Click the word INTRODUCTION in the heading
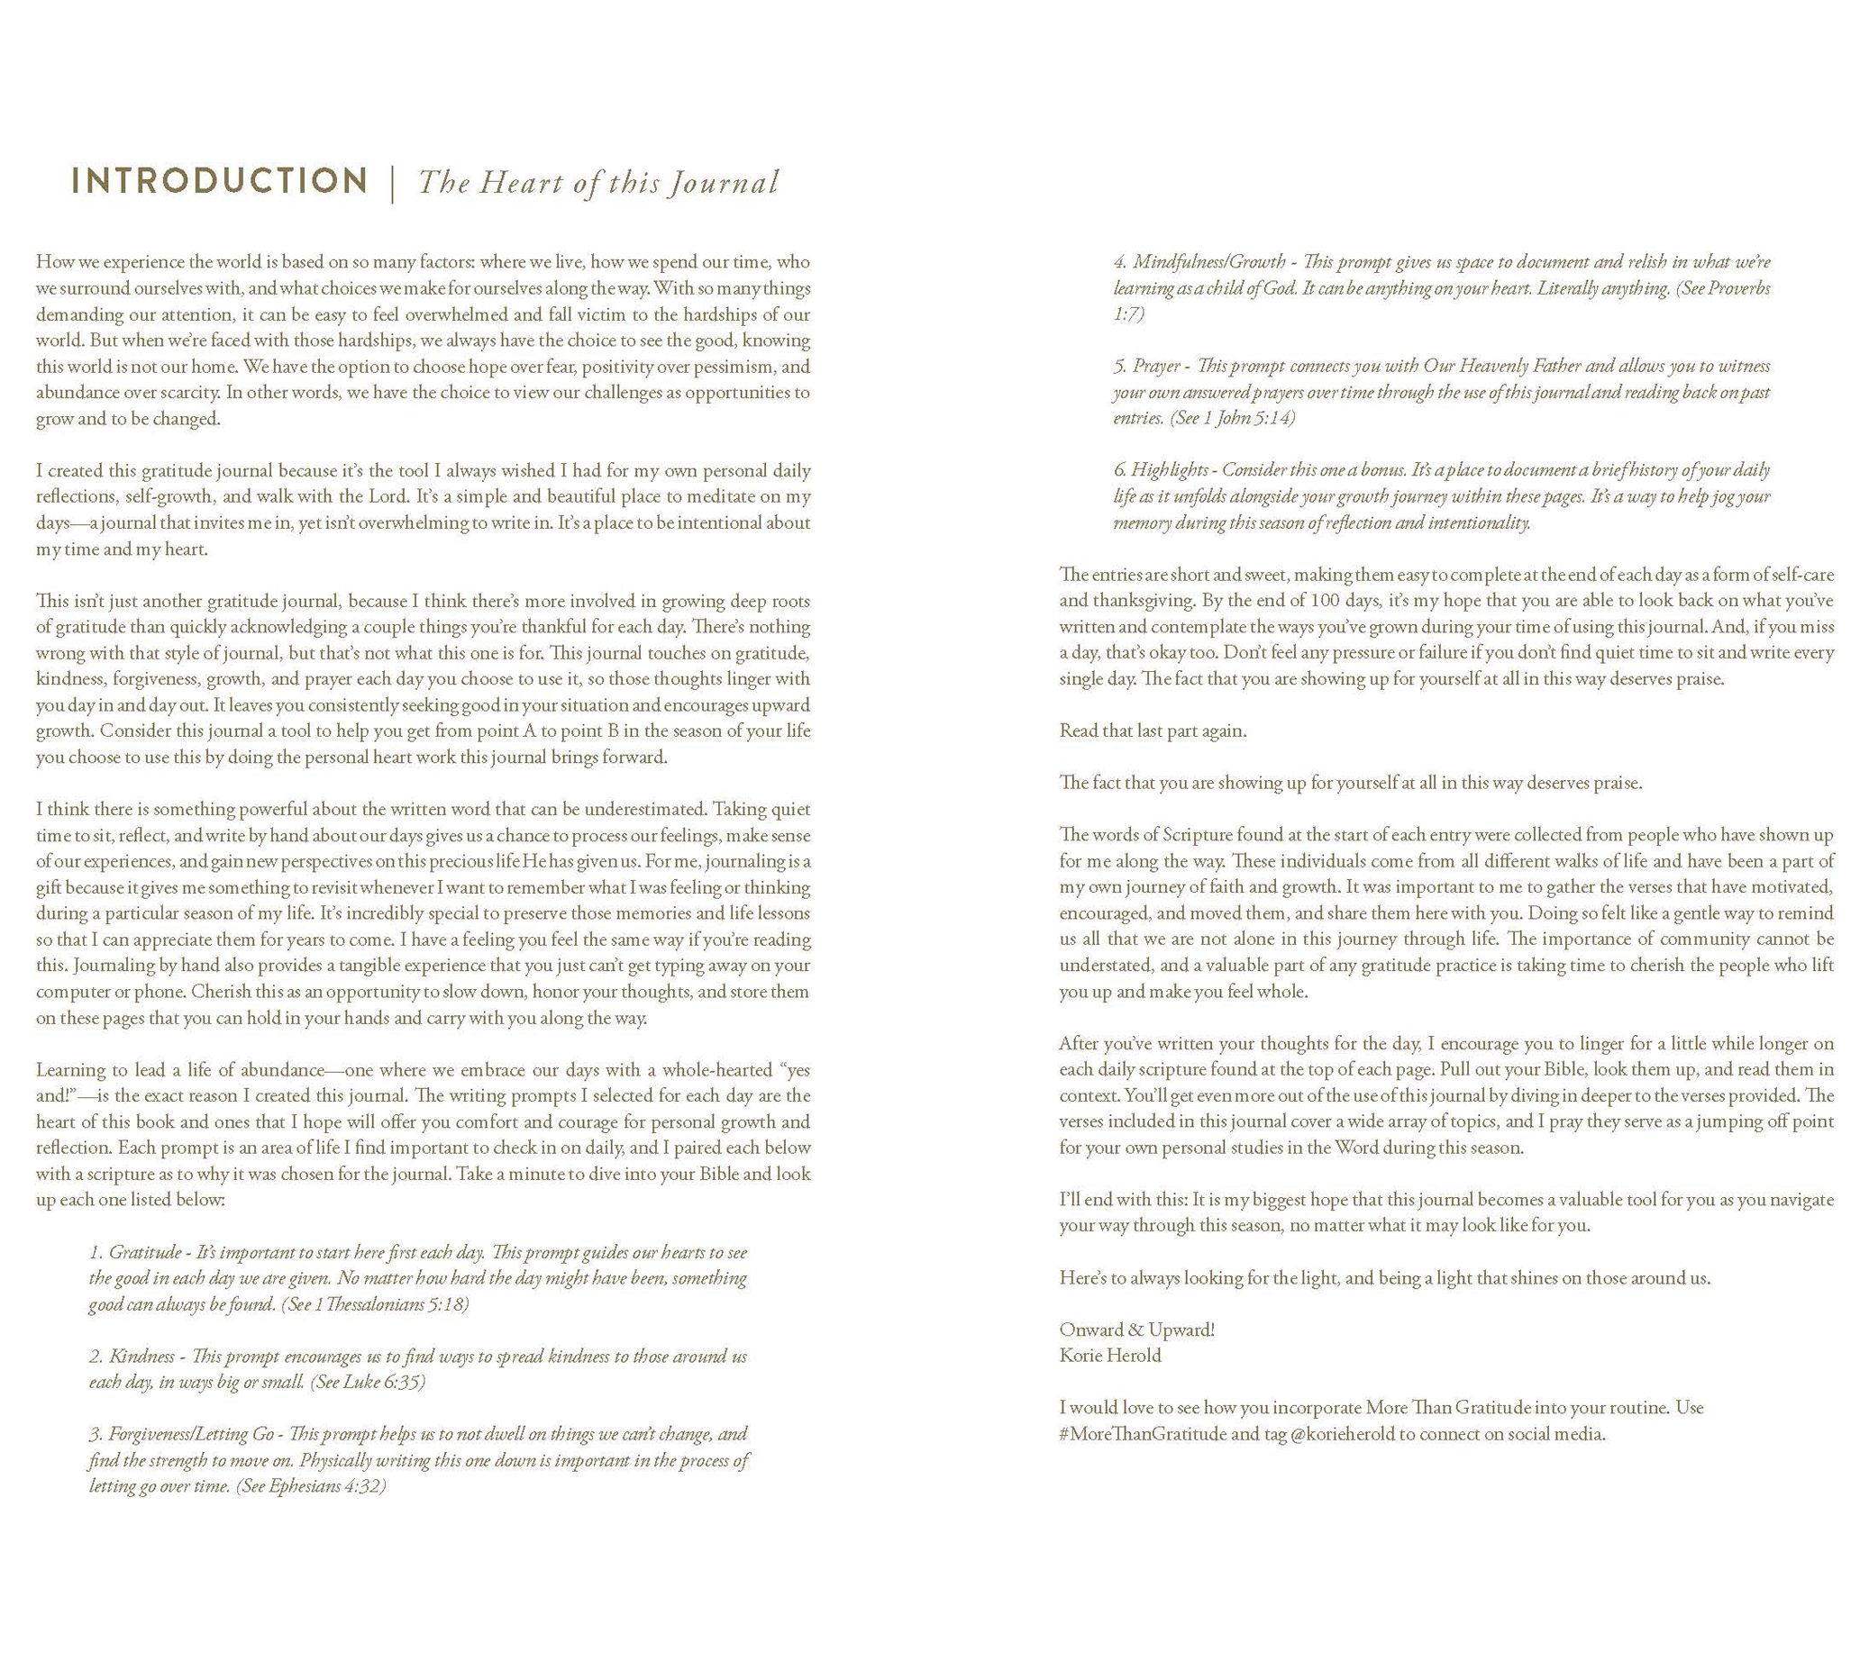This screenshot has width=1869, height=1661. click(x=220, y=181)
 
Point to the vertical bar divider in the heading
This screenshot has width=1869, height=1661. click(x=392, y=183)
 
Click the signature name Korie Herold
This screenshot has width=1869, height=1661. click(x=1110, y=1356)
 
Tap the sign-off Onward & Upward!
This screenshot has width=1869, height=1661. click(x=1136, y=1330)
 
